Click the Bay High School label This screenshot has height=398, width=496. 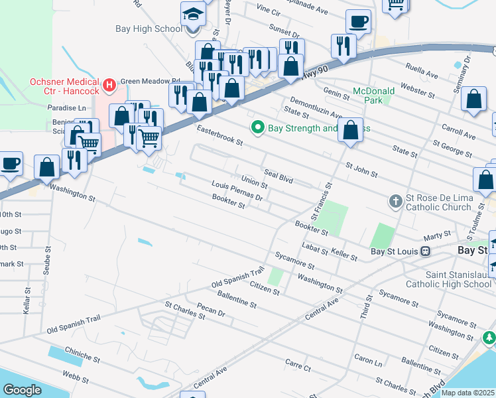[x=149, y=29]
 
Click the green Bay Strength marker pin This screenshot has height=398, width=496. [x=257, y=127]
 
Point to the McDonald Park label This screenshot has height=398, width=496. [x=373, y=95]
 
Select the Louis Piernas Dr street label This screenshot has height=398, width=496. [x=237, y=190]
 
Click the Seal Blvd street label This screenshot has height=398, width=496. [x=278, y=175]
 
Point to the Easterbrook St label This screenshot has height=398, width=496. [x=219, y=133]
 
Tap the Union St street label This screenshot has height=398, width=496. [x=254, y=180]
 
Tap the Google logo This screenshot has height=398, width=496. [x=22, y=390]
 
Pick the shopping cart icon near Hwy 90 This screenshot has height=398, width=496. [x=150, y=137]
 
